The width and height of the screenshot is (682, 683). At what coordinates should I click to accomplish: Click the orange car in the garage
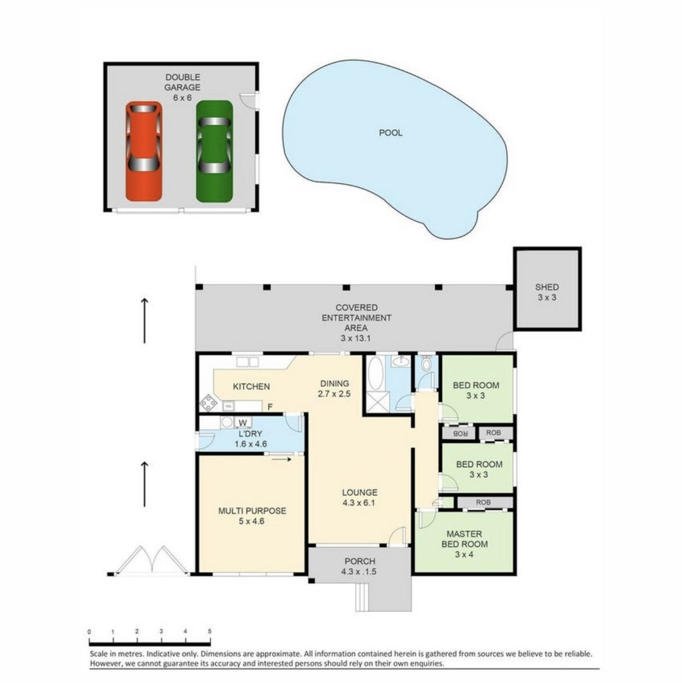144,151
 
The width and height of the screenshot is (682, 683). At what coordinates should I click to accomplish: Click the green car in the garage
215,151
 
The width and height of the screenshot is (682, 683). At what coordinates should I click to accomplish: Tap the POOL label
391,133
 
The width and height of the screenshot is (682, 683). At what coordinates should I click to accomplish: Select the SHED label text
547,287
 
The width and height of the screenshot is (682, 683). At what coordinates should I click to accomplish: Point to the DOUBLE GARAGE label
183,82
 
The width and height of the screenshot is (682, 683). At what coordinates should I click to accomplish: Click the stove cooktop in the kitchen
208,403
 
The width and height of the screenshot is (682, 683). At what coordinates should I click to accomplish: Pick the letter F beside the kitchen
270,407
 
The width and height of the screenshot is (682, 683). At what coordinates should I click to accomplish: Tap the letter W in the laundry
243,423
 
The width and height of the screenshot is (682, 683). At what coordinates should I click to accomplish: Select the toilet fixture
426,365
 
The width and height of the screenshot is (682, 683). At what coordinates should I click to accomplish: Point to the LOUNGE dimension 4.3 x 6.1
359,502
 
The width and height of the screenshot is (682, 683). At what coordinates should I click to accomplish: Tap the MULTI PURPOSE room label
252,511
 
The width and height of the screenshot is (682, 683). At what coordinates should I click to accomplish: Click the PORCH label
360,561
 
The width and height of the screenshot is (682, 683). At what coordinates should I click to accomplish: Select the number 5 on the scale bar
209,631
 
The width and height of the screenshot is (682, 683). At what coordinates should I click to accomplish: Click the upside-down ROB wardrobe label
459,434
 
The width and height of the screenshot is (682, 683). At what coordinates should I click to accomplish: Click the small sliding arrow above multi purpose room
282,460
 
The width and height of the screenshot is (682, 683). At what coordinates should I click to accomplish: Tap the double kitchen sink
248,362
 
